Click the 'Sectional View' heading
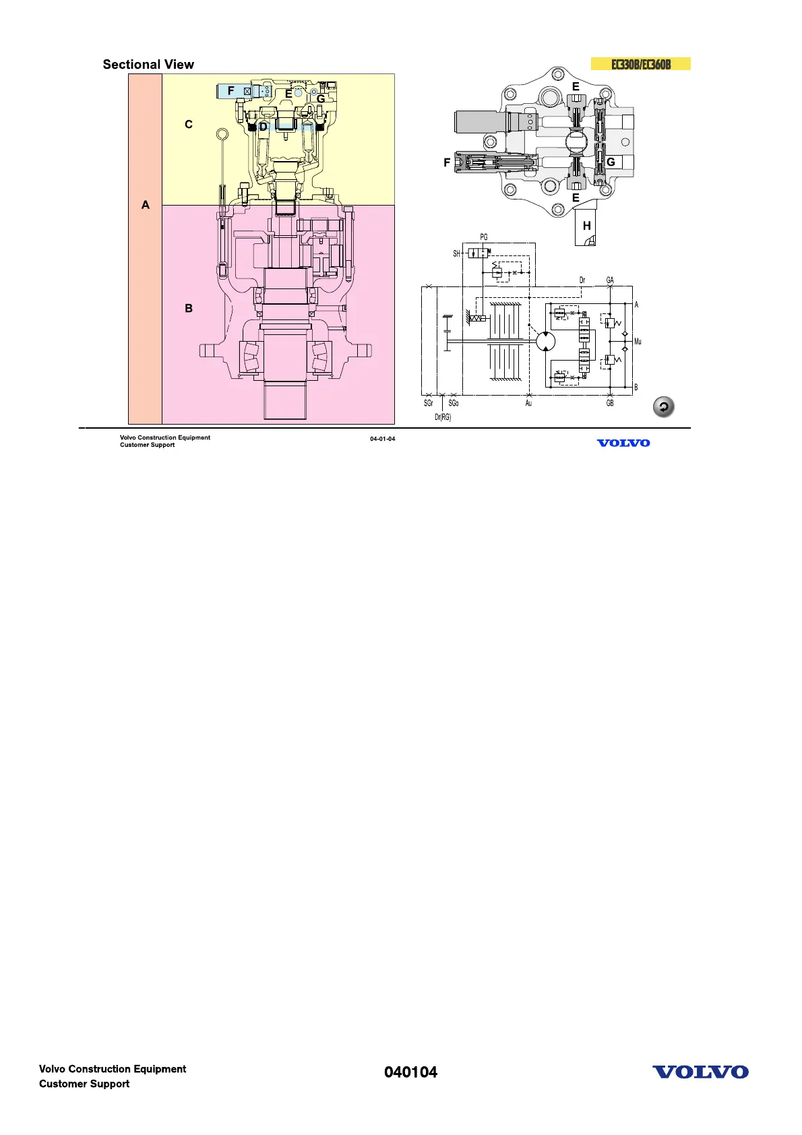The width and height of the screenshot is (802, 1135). pos(148,65)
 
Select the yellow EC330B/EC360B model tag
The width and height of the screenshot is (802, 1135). pos(640,65)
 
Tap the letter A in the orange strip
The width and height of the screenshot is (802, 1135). pos(146,205)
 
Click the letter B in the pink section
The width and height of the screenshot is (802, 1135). pos(189,308)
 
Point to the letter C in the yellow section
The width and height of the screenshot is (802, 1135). pos(189,125)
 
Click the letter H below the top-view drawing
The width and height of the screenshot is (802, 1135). pos(586,226)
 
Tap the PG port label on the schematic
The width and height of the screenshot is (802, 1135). pos(484,237)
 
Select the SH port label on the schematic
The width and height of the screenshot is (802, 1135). pos(456,254)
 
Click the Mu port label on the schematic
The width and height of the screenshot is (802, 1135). pos(638,342)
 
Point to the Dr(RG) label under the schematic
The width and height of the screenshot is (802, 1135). pos(443,417)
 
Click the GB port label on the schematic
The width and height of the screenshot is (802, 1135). pos(610,404)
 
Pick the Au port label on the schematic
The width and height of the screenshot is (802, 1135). pos(528,404)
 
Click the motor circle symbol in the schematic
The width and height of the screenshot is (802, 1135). pos(546,341)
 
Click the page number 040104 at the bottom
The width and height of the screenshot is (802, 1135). pos(410,1072)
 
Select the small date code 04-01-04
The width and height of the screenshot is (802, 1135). pos(382,439)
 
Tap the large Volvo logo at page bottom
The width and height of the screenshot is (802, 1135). pos(700,1072)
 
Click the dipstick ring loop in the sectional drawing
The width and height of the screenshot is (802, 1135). pos(222,135)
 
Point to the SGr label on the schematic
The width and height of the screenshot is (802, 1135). pos(429,404)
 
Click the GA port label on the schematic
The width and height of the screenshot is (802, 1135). pos(610,280)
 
